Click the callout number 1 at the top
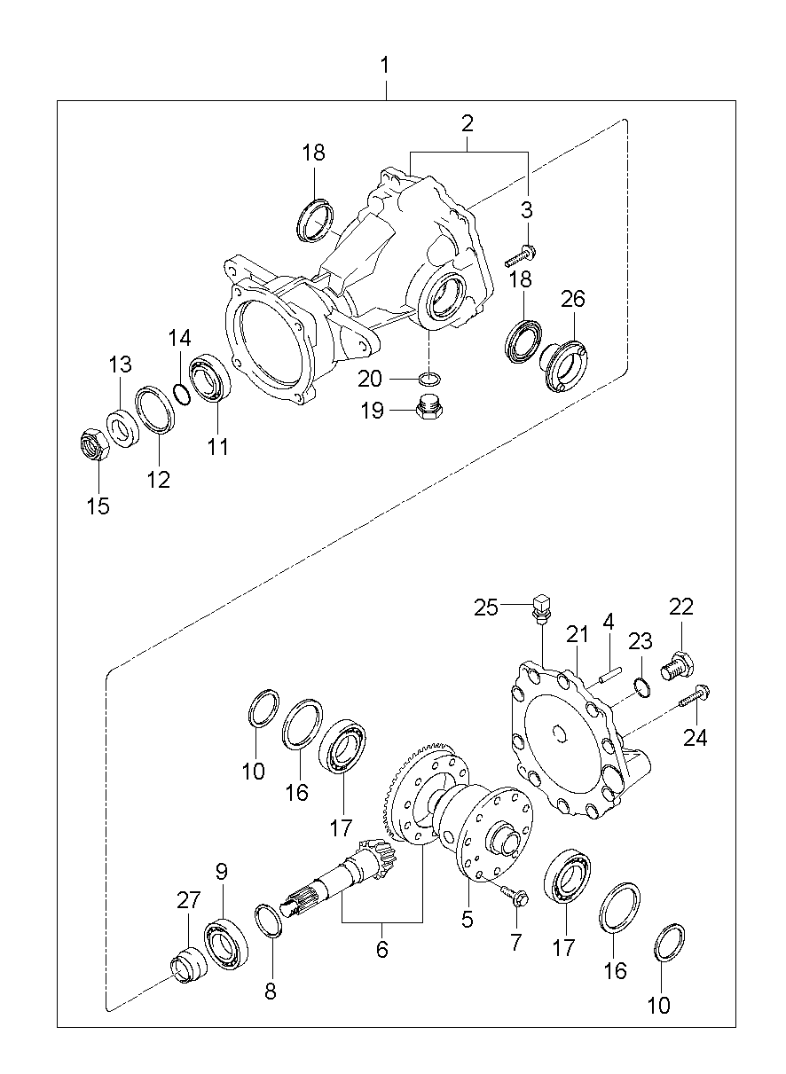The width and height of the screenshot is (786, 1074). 385,66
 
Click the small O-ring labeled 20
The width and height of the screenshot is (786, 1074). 429,380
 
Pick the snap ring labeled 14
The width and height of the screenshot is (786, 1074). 181,391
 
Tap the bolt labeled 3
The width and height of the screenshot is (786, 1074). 519,258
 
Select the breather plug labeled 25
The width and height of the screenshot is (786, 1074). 540,608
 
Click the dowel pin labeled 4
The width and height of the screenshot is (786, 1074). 606,674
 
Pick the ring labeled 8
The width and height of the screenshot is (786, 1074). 270,919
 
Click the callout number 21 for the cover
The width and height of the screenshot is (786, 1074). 578,635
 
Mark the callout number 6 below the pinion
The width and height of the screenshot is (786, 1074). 381,949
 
